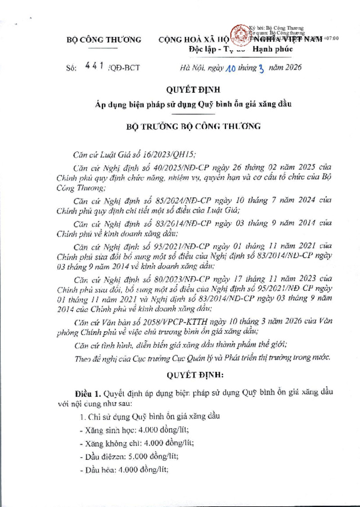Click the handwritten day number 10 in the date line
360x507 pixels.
[229, 68]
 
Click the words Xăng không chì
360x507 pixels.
[105, 443]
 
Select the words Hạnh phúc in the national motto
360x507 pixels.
[273, 49]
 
